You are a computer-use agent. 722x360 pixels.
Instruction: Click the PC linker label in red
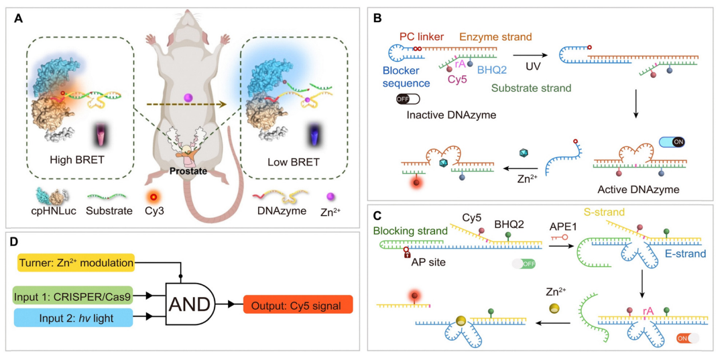420,35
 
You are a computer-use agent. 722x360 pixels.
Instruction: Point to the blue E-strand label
682,255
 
